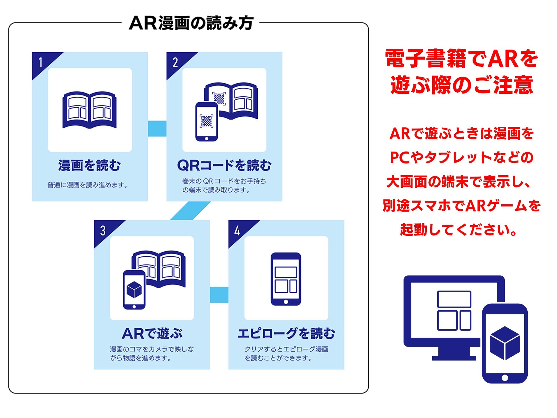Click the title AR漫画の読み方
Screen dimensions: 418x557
click(191, 23)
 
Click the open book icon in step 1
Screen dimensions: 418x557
click(89, 110)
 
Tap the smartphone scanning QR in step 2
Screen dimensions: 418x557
click(207, 121)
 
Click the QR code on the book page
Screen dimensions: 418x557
click(219, 98)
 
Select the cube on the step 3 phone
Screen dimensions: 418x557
click(134, 289)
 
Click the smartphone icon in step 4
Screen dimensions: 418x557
click(286, 279)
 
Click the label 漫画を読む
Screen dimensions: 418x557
click(89, 165)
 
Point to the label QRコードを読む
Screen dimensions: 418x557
click(224, 165)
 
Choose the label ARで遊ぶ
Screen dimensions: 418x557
click(152, 333)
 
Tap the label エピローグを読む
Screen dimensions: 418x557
click(286, 333)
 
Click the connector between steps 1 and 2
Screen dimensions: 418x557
click(157, 128)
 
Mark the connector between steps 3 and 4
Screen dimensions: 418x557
click(219, 295)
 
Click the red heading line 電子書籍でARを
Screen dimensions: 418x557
click(461, 59)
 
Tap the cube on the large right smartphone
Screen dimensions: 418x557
click(504, 343)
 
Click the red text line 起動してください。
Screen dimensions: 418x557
click(458, 230)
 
